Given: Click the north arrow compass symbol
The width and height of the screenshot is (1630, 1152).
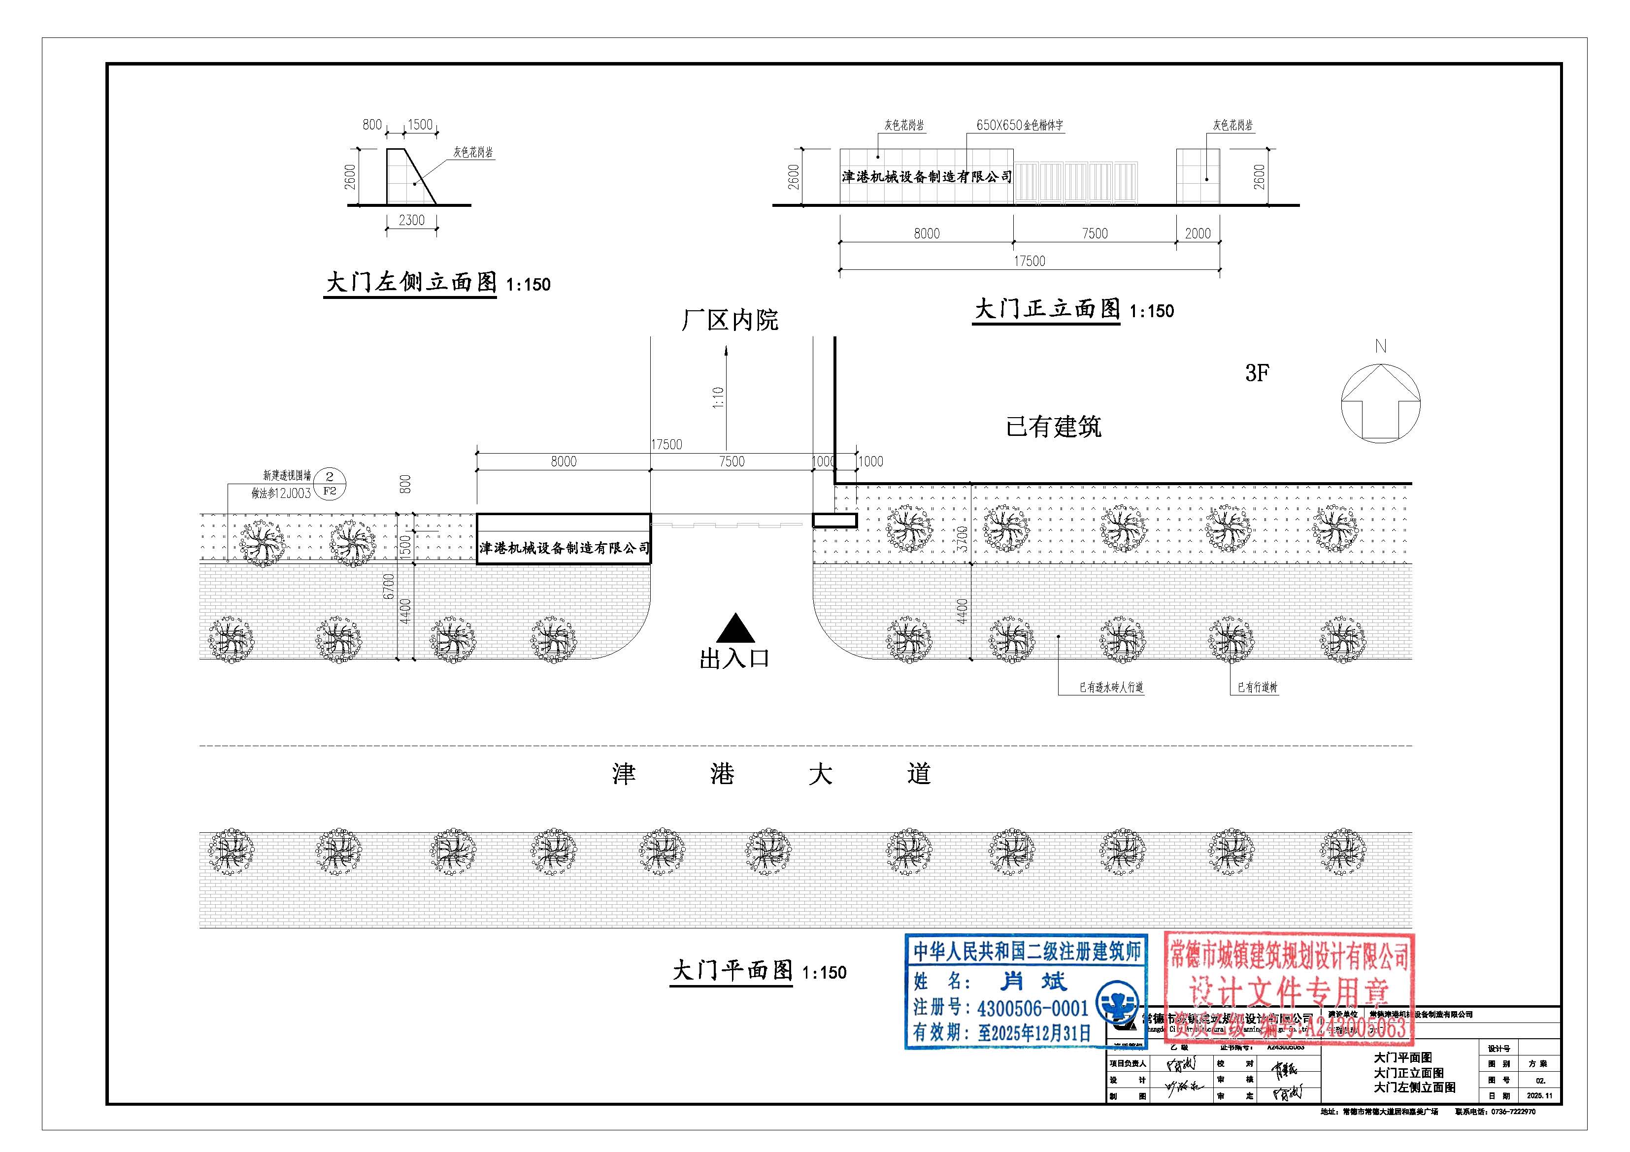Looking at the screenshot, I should click(x=1380, y=404).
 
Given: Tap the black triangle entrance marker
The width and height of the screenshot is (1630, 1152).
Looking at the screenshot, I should click(x=735, y=629).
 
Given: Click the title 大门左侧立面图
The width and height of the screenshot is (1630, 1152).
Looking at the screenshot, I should click(x=411, y=283).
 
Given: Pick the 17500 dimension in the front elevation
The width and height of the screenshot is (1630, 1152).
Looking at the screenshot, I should click(x=1030, y=261).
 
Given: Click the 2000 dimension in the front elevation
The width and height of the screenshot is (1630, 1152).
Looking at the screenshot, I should click(x=1198, y=233).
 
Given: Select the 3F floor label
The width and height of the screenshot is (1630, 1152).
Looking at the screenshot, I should click(x=1257, y=373).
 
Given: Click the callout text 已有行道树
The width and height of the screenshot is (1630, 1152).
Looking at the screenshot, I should click(x=1257, y=687).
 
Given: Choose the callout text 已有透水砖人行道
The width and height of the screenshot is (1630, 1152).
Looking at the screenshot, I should click(x=1111, y=687).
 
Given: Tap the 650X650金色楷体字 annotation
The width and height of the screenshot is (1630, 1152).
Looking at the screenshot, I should click(x=1020, y=126).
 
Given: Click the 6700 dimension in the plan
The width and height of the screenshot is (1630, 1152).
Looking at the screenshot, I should click(x=388, y=586).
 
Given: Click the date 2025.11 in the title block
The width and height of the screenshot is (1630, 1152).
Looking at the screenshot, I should click(x=1539, y=1096).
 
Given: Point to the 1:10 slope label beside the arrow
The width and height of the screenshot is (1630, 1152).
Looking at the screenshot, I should click(x=718, y=397).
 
